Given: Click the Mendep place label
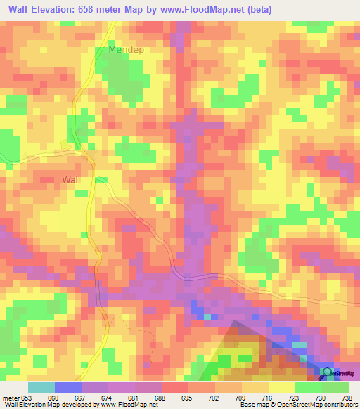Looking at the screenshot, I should [125, 51].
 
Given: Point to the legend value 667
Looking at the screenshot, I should [80, 398].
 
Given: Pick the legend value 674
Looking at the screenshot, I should [107, 398].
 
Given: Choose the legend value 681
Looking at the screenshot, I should [134, 398].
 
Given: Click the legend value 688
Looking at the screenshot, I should [160, 398].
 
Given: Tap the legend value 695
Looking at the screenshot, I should [187, 398].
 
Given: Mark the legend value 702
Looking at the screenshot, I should [214, 398].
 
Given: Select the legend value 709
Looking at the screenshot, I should [240, 398].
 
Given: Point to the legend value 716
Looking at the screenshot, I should [267, 398].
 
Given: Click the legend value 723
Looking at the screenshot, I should [294, 398].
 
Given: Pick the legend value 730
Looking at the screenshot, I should [321, 398].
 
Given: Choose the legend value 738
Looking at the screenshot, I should [347, 398].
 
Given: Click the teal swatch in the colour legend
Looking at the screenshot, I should [41, 387].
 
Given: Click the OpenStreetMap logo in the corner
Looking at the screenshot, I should [337, 373].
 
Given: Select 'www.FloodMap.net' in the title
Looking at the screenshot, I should [210, 9].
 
